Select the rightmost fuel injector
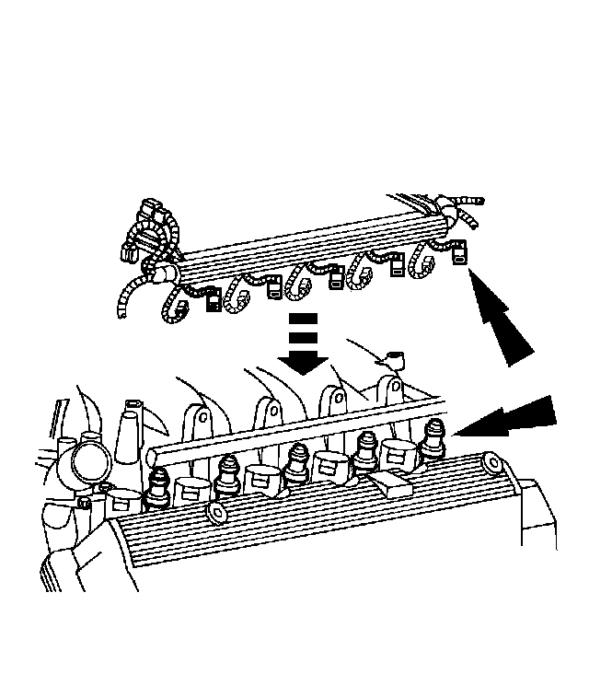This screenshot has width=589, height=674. pyautogui.click(x=434, y=436)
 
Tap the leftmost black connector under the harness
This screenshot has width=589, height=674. pyautogui.click(x=214, y=301)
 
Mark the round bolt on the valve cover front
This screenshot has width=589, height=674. pyautogui.click(x=217, y=512)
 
